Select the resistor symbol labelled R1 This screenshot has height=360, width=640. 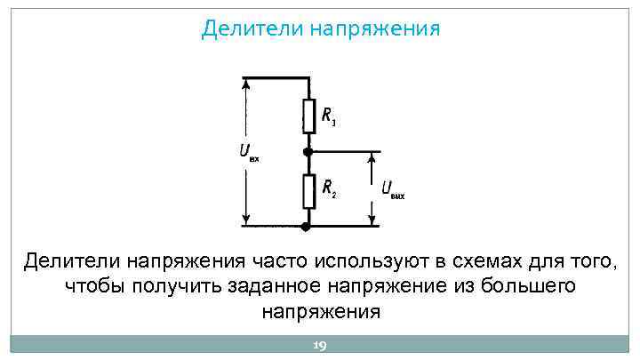(308, 113)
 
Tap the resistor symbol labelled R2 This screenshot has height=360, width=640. (308, 188)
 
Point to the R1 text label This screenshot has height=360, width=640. (328, 115)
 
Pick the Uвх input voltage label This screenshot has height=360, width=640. (249, 152)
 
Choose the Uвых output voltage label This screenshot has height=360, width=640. (392, 189)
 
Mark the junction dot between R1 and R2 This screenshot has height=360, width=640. (308, 152)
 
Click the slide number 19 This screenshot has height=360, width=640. (319, 346)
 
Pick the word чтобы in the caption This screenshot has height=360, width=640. (94, 288)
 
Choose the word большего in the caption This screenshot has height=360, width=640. (528, 288)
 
